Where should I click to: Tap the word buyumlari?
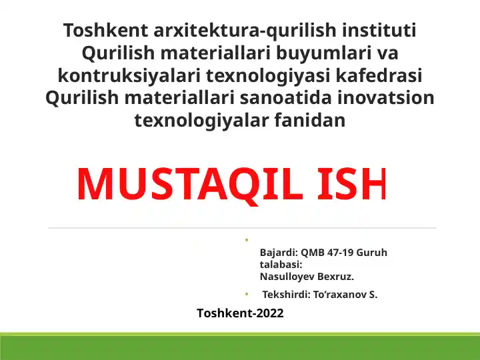click(311, 53)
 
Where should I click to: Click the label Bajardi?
click(278, 253)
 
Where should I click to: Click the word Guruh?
click(372, 253)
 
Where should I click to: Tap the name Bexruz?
click(337, 277)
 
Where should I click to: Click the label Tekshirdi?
click(285, 295)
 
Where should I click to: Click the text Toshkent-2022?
click(240, 313)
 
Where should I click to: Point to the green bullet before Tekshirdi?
click(245, 294)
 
